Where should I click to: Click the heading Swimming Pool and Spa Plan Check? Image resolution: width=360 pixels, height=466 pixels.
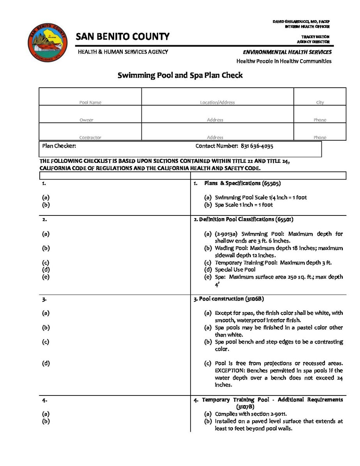pyautogui.click(x=180, y=75)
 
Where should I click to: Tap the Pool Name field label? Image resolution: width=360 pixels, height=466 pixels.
pyautogui.click(x=90, y=102)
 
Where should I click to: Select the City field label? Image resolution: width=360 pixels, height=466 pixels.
pyautogui.click(x=320, y=102)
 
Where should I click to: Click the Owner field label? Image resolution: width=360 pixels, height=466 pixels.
pyautogui.click(x=86, y=120)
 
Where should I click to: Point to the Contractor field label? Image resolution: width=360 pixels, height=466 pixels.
pyautogui.click(x=90, y=138)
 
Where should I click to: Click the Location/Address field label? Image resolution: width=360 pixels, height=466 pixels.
pyautogui.click(x=217, y=102)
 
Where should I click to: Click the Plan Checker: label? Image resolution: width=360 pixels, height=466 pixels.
pyautogui.click(x=59, y=146)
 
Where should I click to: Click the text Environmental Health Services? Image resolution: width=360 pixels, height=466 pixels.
pyautogui.click(x=287, y=52)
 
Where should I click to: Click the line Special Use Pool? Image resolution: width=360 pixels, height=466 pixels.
pyautogui.click(x=235, y=270)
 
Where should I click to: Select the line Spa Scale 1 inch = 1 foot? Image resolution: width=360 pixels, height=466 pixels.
pyautogui.click(x=244, y=205)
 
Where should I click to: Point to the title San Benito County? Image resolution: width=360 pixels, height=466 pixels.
pyautogui.click(x=123, y=37)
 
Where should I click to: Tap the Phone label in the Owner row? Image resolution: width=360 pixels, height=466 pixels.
pyautogui.click(x=320, y=120)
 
